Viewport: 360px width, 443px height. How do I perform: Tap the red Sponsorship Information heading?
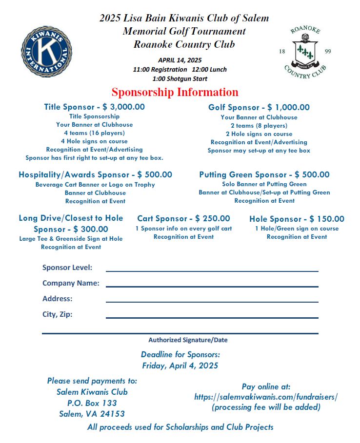point(175,92)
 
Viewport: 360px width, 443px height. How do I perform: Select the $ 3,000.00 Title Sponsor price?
point(123,107)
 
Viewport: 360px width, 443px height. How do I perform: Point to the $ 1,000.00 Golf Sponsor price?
point(289,107)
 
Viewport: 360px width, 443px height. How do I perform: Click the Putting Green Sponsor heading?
point(264,174)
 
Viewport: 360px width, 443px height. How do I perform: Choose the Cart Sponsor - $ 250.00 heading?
point(183,218)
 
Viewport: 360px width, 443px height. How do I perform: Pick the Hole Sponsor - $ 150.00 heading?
point(297,219)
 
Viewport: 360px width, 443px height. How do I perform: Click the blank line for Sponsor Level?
point(212,270)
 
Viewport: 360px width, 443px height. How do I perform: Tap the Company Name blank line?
point(212,286)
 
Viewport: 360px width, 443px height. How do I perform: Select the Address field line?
point(212,302)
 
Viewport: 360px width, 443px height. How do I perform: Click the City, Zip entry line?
point(212,317)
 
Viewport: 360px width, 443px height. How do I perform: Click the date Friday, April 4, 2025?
point(180,366)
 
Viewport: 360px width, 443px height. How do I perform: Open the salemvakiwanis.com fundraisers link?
point(266,397)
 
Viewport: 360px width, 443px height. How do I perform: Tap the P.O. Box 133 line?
point(92,403)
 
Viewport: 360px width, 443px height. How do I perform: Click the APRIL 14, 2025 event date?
point(180,60)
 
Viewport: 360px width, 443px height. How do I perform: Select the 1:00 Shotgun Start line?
point(180,78)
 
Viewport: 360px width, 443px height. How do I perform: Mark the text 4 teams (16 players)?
point(94,133)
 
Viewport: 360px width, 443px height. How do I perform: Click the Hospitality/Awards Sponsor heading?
point(95,174)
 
